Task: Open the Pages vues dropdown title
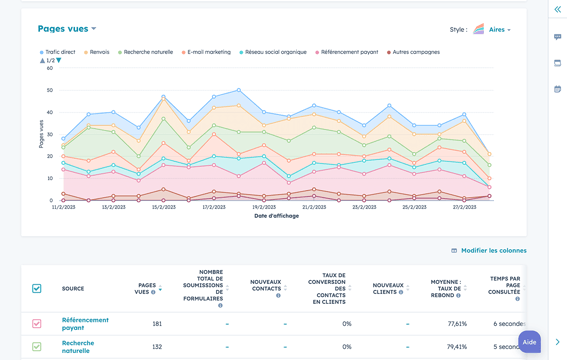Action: (67, 29)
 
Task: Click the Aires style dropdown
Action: (499, 30)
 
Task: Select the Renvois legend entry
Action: (97, 52)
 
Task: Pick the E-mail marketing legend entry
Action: (207, 52)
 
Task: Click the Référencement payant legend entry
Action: (347, 52)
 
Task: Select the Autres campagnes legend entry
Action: (414, 52)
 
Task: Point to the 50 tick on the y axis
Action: (49, 90)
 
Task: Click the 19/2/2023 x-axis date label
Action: (264, 207)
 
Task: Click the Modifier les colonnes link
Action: (493, 250)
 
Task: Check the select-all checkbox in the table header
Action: (37, 288)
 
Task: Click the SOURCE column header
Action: (73, 288)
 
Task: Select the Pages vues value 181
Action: (156, 324)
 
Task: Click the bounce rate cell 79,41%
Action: (456, 347)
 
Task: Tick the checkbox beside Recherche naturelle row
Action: (37, 347)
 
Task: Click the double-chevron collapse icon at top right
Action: (557, 9)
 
